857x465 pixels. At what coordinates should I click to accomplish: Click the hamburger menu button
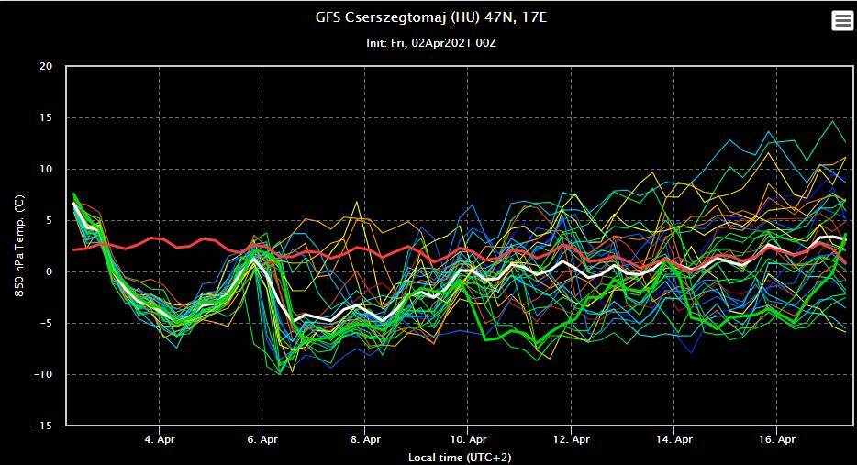(x=842, y=21)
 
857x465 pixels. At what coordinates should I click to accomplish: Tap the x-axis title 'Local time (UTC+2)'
(x=461, y=456)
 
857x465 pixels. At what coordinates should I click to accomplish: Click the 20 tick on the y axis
(x=46, y=67)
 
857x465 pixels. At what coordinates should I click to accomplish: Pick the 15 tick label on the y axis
(x=46, y=118)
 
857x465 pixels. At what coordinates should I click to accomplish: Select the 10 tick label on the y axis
(x=46, y=170)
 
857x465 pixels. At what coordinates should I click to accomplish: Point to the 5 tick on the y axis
(x=50, y=221)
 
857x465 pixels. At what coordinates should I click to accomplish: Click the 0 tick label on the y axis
(x=50, y=272)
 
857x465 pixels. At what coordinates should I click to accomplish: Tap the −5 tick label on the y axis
(x=46, y=324)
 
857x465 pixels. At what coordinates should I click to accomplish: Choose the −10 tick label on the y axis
(x=43, y=375)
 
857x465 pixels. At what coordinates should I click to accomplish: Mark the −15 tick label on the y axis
(x=43, y=426)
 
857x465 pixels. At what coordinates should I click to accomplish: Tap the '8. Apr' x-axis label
(x=365, y=439)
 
